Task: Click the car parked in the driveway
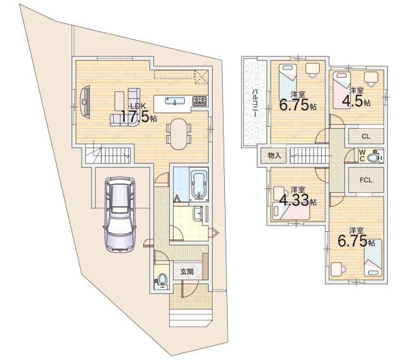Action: tap(120, 215)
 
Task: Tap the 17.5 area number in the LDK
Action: tap(134, 117)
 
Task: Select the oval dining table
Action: tap(179, 134)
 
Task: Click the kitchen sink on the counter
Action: tap(175, 101)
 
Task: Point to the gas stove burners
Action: tap(200, 101)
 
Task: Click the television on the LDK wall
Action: tap(85, 102)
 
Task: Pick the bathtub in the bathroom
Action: tap(199, 185)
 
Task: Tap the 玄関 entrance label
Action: tap(187, 272)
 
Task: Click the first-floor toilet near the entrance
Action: tap(162, 280)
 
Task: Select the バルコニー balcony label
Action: tap(255, 104)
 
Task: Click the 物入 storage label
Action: tap(275, 155)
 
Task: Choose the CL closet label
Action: tap(366, 136)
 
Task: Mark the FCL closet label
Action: tap(365, 180)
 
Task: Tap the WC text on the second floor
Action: tap(362, 155)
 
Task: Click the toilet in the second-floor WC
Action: tap(374, 157)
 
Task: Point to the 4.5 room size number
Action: tap(352, 101)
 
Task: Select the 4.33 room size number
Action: tap(294, 200)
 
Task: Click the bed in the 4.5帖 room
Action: tap(342, 90)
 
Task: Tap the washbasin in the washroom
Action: tap(198, 214)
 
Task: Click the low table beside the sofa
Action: tap(119, 101)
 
